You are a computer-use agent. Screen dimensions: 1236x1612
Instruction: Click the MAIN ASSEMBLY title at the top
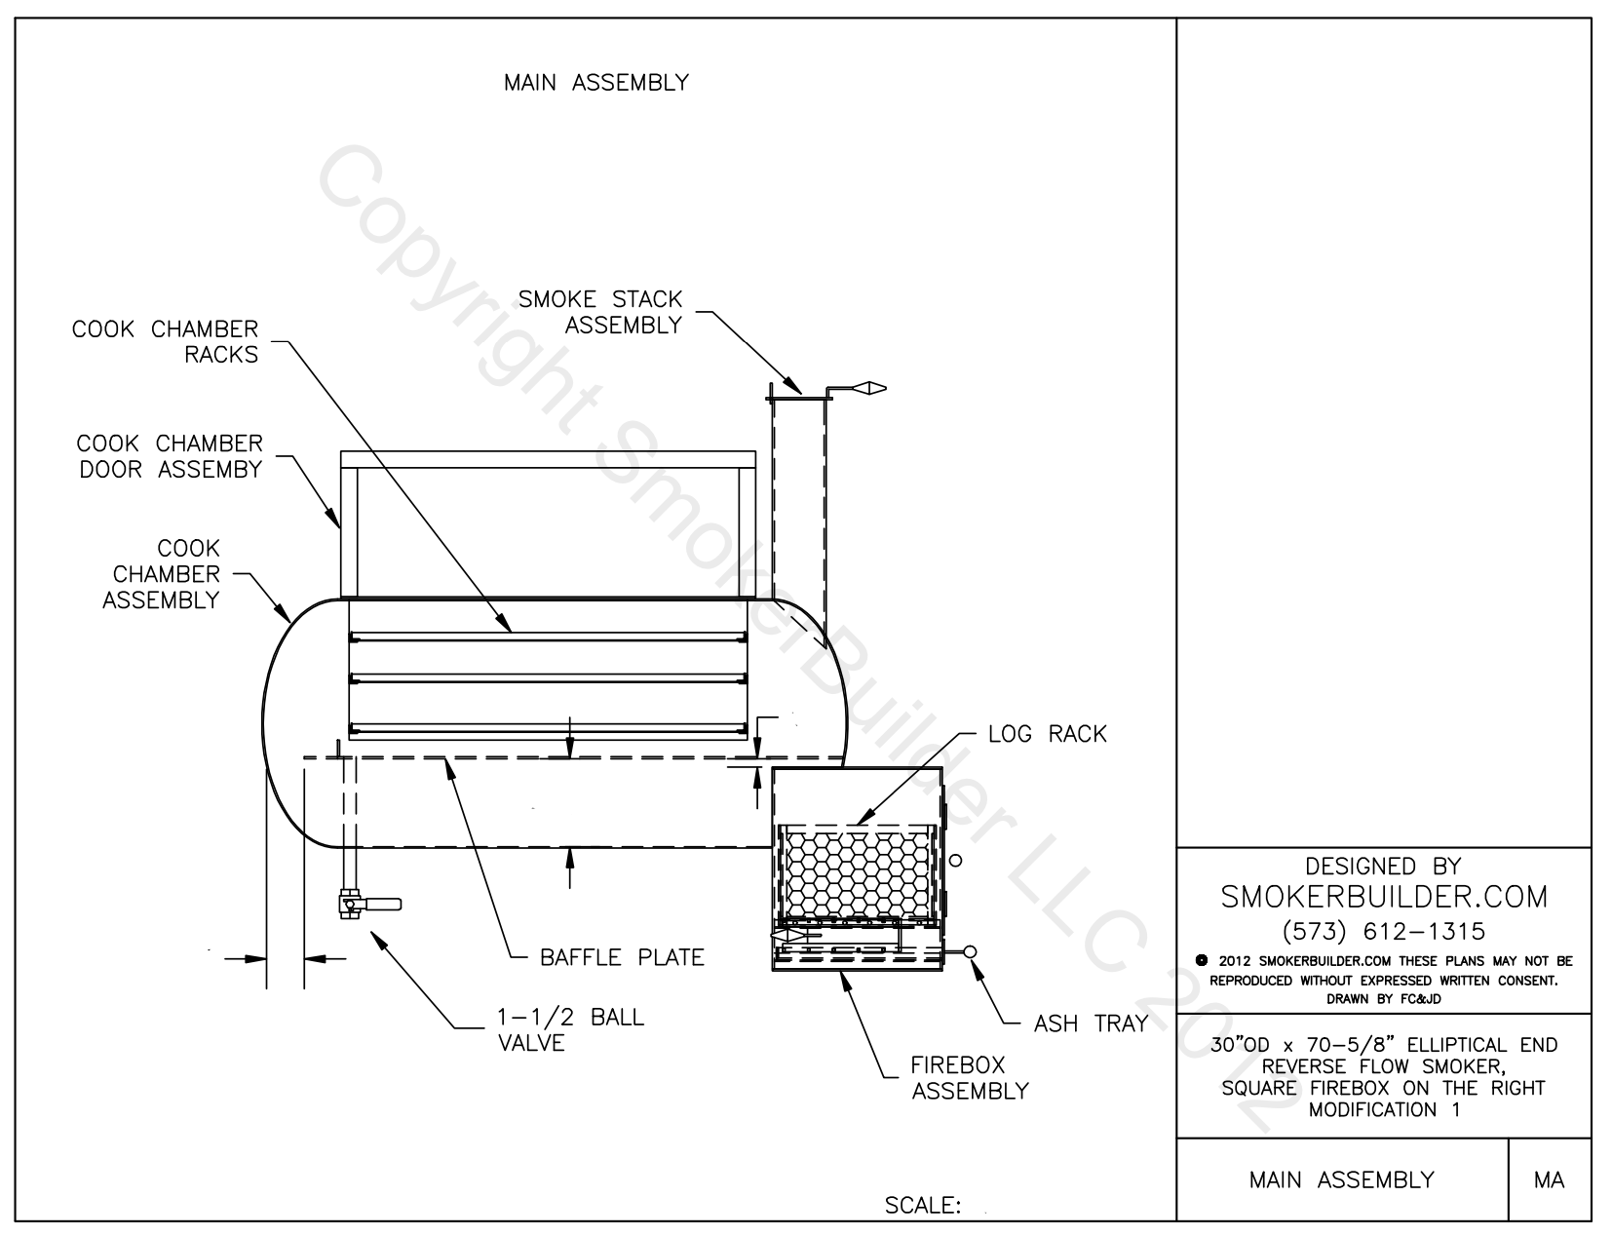[595, 83]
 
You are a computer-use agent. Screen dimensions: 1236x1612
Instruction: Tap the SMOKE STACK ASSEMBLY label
[599, 312]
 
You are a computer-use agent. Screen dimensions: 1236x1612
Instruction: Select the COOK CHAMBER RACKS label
[166, 341]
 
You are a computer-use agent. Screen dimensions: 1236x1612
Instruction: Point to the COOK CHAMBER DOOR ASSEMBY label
[170, 456]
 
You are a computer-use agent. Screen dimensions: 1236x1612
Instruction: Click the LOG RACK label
[1047, 734]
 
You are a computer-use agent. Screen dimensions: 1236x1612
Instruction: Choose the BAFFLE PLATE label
[622, 957]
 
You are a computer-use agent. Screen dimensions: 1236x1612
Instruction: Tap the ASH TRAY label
[1091, 1024]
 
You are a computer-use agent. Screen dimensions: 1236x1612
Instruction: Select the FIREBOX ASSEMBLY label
[970, 1077]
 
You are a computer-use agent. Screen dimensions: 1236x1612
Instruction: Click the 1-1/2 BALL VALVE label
[564, 1029]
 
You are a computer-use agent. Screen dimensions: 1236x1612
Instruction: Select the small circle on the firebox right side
[955, 860]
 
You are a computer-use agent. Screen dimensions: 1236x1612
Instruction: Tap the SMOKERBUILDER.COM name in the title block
[1383, 897]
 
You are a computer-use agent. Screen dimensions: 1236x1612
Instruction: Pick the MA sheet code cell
[1549, 1179]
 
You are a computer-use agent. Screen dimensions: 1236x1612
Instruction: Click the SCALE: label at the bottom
[922, 1206]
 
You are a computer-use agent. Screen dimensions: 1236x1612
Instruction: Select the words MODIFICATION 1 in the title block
[1383, 1109]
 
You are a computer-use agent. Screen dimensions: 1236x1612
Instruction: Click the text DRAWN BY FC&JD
[1383, 998]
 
